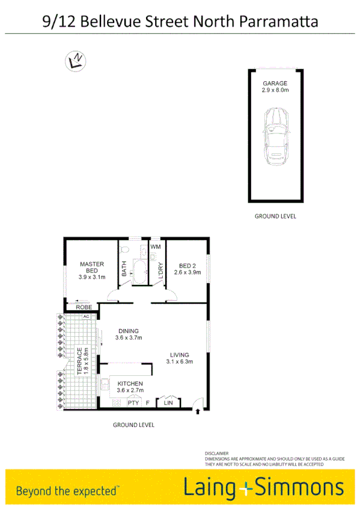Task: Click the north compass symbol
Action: pyautogui.click(x=76, y=60)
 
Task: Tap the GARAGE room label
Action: pyautogui.click(x=275, y=84)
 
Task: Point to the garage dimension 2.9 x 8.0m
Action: pyautogui.click(x=275, y=90)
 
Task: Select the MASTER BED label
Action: pyautogui.click(x=92, y=267)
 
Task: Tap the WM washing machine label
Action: pyautogui.click(x=156, y=247)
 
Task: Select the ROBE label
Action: pyautogui.click(x=84, y=307)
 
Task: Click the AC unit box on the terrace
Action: pyautogui.click(x=86, y=316)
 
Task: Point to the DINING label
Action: pyautogui.click(x=128, y=331)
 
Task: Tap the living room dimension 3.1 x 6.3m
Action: pyautogui.click(x=179, y=361)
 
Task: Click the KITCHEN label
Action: pyautogui.click(x=130, y=383)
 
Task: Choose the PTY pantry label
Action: pyautogui.click(x=133, y=402)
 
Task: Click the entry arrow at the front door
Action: pyautogui.click(x=198, y=412)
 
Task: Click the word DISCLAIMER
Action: pyautogui.click(x=216, y=453)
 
